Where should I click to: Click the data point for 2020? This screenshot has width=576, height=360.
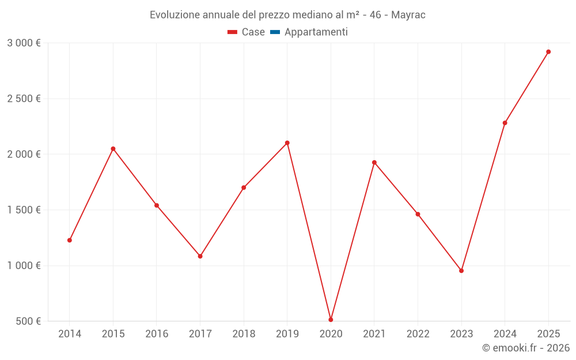[x=331, y=320]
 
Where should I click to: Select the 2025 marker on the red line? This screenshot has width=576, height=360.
[x=548, y=52]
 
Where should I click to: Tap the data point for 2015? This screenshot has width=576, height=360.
[x=113, y=149]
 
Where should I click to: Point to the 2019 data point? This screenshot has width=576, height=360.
[x=287, y=143]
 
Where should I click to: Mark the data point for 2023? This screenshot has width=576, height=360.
[x=461, y=271]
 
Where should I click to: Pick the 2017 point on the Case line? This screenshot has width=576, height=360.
[x=200, y=256]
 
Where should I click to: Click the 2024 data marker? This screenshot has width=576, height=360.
[x=505, y=123]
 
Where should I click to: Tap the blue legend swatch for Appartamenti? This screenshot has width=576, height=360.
[x=275, y=32]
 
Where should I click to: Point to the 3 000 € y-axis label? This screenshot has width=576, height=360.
[x=24, y=43]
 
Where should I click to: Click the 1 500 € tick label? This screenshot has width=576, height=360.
[x=24, y=210]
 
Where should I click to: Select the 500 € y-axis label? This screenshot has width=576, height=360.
[x=28, y=321]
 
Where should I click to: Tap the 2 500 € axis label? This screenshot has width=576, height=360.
[x=24, y=98]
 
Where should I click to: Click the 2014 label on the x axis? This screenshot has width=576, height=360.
[x=70, y=334]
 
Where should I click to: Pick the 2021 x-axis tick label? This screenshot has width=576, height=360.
[x=374, y=334]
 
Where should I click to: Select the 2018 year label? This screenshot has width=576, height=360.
[x=244, y=334]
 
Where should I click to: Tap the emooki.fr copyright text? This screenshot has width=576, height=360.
[x=526, y=348]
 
